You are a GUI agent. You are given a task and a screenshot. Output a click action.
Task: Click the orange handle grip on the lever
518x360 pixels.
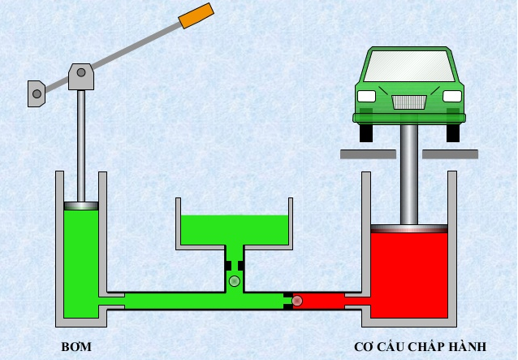coord(196,16)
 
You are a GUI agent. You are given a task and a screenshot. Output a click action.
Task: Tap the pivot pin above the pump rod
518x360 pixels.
coord(81,72)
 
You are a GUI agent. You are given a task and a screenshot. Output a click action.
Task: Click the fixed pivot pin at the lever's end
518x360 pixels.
coord(37,94)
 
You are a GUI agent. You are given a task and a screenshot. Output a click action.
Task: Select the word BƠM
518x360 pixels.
coord(76,347)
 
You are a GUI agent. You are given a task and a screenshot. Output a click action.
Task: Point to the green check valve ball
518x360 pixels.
coord(235,281)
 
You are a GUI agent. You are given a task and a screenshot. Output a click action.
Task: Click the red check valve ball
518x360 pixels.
coord(297,301)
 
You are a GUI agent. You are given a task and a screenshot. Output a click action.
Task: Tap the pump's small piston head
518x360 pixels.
coord(81,206)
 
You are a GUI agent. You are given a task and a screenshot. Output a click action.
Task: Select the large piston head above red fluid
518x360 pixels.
coord(409,228)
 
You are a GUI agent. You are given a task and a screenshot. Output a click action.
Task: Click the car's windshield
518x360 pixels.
coord(409,66)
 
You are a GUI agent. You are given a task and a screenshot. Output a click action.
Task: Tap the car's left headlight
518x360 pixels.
coord(367,96)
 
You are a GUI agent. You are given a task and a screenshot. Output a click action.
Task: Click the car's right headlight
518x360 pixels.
coord(452,96)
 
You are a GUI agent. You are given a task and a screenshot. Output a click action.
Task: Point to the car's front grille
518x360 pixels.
coord(409,102)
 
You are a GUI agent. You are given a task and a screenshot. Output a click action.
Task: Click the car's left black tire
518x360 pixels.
coord(366,133)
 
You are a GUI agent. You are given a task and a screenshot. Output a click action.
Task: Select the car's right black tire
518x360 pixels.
coord(453,133)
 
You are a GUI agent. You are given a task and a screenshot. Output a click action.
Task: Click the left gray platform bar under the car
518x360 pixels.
coord(368,154)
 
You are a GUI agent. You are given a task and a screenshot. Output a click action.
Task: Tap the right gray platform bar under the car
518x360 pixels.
coord(451,154)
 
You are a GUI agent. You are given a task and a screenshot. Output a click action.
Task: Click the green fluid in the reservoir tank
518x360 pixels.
coord(234,230)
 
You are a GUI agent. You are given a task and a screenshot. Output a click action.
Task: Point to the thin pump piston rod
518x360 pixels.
coord(81,145)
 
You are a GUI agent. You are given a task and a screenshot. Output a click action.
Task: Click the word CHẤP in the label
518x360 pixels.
coord(426,347)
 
